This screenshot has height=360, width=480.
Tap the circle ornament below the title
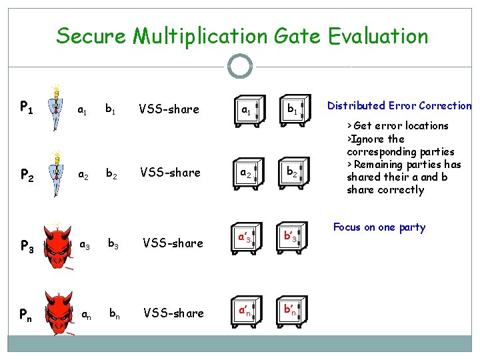240,66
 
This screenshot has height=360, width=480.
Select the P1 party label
27,107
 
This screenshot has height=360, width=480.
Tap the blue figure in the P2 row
58,172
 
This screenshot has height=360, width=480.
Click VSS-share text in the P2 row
169,173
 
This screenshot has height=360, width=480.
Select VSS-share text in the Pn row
173,313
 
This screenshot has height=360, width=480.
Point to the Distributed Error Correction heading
399,105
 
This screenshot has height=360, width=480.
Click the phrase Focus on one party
379,227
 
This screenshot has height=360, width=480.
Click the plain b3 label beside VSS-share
115,243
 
